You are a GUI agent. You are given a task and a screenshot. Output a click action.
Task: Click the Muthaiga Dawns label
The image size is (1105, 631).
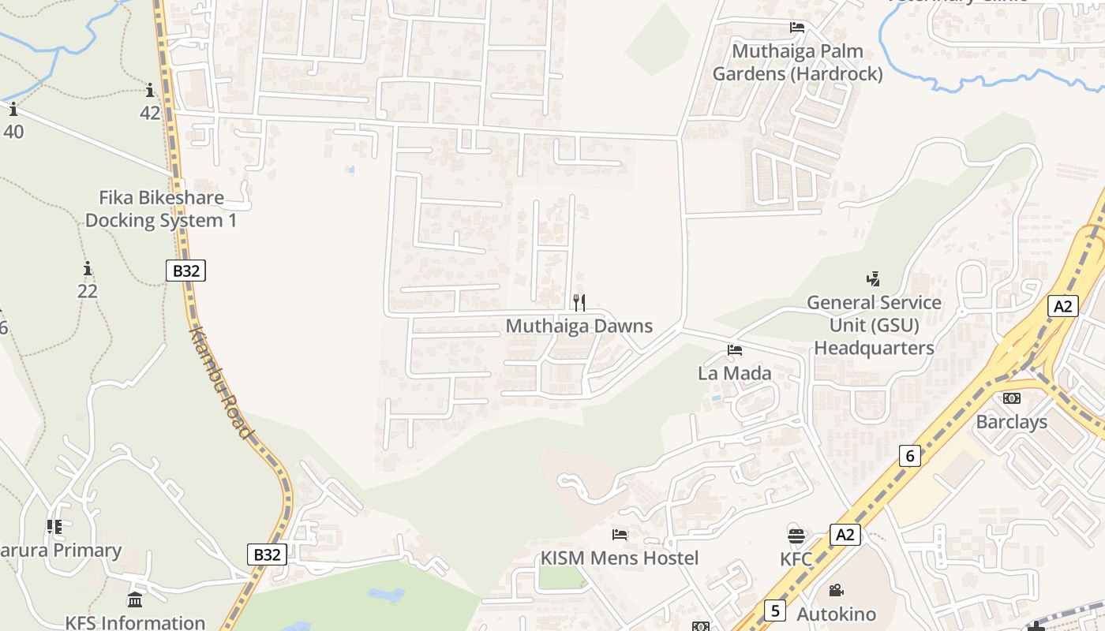579,326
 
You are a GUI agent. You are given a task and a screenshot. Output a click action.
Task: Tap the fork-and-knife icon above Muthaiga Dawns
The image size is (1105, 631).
579,302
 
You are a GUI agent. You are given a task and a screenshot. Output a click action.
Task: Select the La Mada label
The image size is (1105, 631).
734,373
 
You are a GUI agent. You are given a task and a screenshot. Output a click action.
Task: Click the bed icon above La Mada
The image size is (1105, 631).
735,350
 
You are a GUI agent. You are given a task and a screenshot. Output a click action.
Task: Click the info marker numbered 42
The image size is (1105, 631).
150,90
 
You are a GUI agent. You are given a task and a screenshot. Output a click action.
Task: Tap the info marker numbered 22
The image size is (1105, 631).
87,269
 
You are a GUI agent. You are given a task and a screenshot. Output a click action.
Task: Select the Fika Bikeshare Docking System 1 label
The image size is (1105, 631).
161,209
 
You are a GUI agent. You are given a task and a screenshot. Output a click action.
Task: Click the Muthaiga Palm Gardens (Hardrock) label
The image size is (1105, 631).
797,62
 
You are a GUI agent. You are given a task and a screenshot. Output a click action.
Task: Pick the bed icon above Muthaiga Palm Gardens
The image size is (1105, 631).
797,28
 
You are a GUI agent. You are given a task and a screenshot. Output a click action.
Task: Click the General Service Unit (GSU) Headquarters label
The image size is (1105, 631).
874,325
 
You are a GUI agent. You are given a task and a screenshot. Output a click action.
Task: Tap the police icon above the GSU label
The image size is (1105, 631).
873,278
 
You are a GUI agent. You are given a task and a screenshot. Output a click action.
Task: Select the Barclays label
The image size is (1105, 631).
1011,422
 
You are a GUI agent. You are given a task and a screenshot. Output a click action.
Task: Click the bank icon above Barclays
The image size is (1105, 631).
1011,398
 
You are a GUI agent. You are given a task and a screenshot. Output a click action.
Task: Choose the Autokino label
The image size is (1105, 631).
836,614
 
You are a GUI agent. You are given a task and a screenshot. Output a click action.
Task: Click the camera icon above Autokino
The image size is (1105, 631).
836,590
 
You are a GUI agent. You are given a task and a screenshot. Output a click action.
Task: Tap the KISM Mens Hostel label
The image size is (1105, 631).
619,558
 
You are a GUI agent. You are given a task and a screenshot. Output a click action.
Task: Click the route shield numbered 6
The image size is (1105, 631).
910,456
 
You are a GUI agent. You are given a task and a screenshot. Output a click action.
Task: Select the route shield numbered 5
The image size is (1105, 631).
775,610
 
